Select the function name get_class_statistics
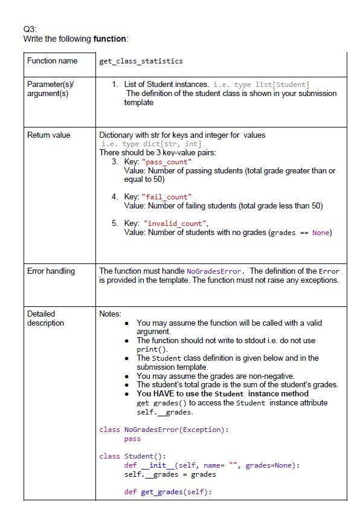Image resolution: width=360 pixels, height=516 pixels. pos(141,61)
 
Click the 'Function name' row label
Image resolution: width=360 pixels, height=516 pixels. pos(53,60)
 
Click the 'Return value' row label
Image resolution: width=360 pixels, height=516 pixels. pos(49,135)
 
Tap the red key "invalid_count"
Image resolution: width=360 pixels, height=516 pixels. pos(175,224)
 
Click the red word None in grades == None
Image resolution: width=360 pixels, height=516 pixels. pos(321,233)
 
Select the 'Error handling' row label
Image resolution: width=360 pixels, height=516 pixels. pos(51,271)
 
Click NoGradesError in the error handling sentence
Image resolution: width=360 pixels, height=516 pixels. pos(215,271)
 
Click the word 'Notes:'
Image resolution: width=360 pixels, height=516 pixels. pos(110,314)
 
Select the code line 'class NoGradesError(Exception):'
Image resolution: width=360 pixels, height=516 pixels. pos(164,430)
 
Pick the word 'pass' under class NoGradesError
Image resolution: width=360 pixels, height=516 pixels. pos(132,439)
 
